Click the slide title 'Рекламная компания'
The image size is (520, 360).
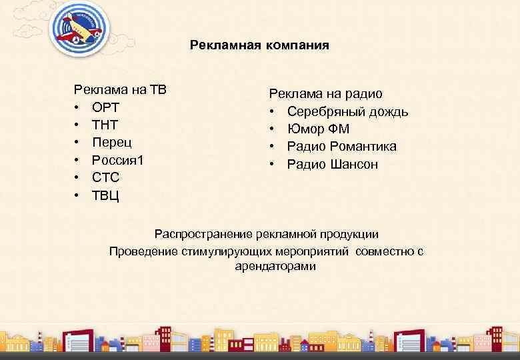tap(259, 45)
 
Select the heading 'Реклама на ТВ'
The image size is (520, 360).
tap(120, 90)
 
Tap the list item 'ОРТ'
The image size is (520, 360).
tap(106, 107)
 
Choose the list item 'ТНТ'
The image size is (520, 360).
tap(106, 125)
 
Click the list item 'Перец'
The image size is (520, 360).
tap(112, 142)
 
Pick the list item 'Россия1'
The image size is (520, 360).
tap(118, 159)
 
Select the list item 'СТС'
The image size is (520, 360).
tap(106, 177)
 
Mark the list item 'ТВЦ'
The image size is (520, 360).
tap(106, 195)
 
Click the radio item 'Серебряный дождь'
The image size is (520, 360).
tap(347, 112)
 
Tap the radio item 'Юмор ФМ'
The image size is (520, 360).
tap(318, 129)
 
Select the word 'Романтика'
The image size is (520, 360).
tap(364, 147)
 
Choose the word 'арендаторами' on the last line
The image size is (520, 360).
tap(275, 267)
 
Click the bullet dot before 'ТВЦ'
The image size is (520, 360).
tap(78, 195)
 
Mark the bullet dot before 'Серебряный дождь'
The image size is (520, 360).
tap(273, 112)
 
